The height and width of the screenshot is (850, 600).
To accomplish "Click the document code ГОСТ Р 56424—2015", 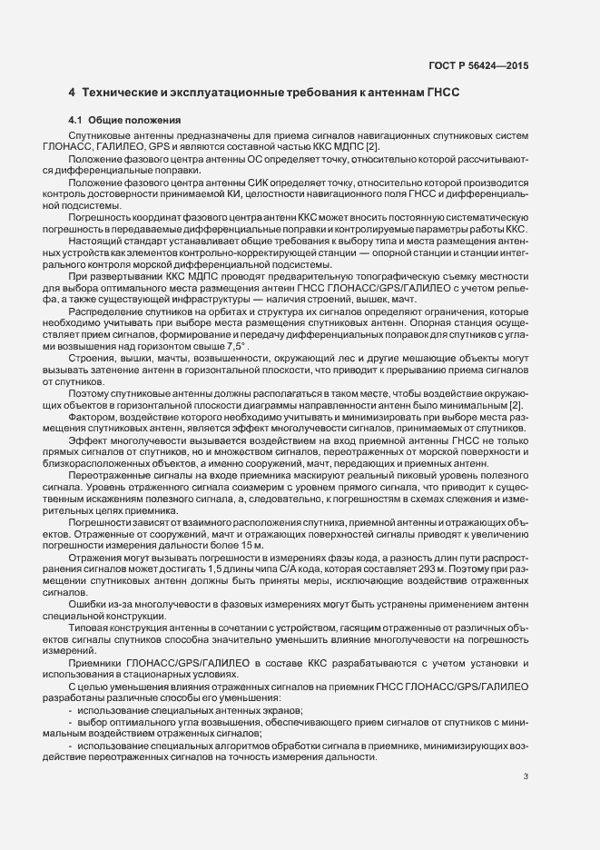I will coord(478,66).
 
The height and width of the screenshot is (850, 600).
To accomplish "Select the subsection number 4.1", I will coord(75,120).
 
